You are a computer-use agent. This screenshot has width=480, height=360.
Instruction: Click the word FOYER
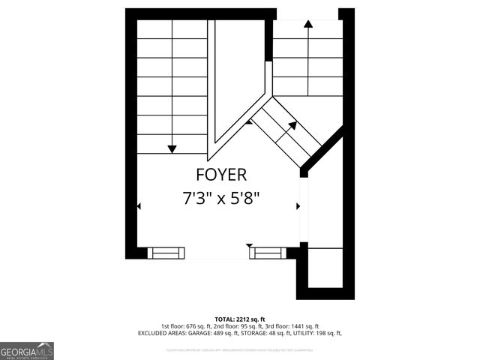(220, 175)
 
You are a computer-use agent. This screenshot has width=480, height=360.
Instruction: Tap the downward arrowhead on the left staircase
(172, 148)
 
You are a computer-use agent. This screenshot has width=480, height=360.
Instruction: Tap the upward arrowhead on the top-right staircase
(307, 24)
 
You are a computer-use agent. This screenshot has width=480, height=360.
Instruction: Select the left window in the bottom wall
(166, 253)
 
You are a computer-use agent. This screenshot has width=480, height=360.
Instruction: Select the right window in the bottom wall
(268, 253)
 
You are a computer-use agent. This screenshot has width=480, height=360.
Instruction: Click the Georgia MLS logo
(27, 350)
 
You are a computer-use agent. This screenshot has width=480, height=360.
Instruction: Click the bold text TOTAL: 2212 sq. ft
(240, 319)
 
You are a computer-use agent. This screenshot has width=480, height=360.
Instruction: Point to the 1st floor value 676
(198, 326)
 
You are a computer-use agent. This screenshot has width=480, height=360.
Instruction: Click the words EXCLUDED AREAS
(156, 333)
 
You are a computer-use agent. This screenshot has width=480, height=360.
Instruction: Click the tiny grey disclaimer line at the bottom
(240, 349)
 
